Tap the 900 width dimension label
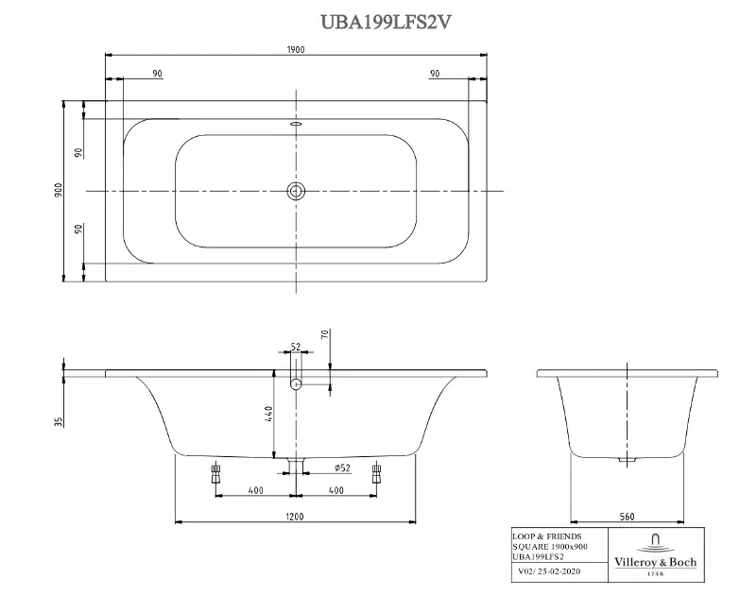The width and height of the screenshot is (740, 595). point(58,191)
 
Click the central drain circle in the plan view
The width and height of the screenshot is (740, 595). point(296,192)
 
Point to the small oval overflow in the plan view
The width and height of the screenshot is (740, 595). point(296,123)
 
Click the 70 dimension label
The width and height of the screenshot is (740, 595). point(324,334)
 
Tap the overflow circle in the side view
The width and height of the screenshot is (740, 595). point(296,383)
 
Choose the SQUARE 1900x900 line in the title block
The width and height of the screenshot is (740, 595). point(549,548)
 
